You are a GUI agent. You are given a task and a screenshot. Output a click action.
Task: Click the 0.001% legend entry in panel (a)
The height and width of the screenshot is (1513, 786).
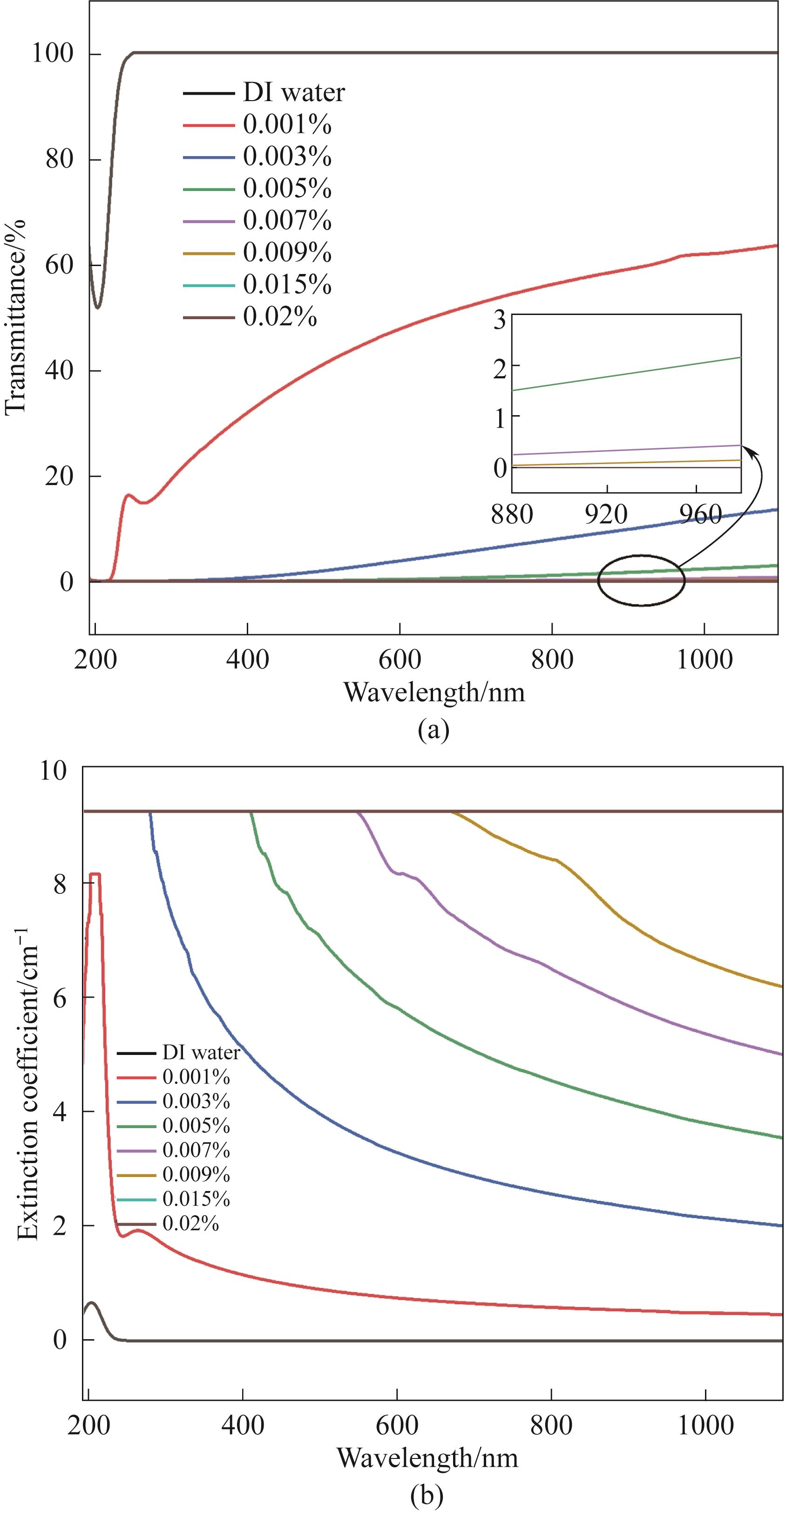coord(287,124)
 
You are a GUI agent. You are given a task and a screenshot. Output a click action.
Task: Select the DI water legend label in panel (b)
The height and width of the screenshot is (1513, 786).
coord(201,1052)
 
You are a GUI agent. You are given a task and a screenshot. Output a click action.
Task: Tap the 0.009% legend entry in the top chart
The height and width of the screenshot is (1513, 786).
coord(287,253)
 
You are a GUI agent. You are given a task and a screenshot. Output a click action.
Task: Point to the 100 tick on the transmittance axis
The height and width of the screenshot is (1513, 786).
coord(52,54)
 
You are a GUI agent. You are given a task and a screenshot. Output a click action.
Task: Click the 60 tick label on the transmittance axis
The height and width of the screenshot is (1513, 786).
coord(59,265)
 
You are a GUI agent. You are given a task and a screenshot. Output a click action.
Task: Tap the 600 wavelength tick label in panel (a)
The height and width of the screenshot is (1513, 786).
coord(399,660)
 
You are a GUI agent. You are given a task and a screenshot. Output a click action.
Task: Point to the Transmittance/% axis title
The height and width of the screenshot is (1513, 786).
coord(16,317)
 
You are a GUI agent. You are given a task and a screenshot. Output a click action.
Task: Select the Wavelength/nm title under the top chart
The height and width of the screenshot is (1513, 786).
coord(434,692)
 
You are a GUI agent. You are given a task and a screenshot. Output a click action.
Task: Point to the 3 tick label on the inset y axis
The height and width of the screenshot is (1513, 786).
coord(500,321)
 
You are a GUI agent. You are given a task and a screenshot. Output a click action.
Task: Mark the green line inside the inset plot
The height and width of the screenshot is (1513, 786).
coord(626,374)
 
